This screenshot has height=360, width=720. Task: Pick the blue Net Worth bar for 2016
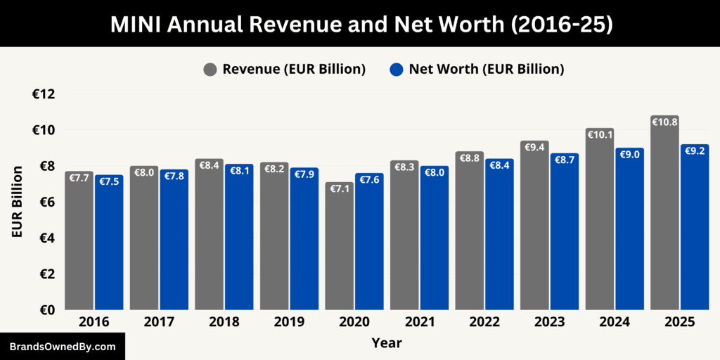coord(109,246)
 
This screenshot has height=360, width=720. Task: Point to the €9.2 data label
coord(695,150)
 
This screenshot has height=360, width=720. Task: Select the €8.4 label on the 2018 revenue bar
coord(210,165)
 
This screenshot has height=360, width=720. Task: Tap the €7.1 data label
coord(339,188)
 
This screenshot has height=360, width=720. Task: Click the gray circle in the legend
coord(210,69)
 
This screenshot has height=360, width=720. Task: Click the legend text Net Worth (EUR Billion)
coord(487,69)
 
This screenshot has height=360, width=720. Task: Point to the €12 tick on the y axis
coord(44,94)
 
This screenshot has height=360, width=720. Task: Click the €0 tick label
coord(46,309)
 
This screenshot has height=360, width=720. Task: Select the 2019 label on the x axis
coord(289,322)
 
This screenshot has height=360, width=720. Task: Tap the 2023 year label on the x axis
coord(549,322)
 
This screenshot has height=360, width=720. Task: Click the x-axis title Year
coord(386,343)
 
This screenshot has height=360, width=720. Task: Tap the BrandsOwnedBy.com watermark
coord(63,347)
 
